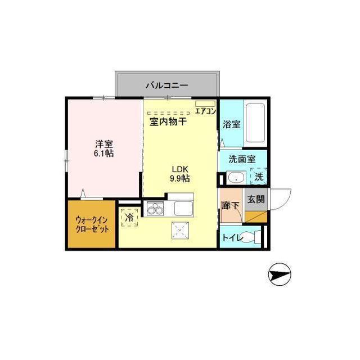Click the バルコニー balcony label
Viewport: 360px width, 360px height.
click(166, 85)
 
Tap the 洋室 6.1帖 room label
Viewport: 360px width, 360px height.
click(104, 148)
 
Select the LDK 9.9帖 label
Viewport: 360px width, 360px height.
click(180, 174)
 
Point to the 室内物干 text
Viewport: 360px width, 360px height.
click(168, 121)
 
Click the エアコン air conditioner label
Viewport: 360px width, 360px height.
click(206, 111)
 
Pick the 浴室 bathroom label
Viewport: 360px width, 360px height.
click(232, 124)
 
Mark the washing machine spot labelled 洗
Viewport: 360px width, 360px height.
click(258, 177)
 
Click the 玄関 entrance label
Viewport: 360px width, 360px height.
click(255, 199)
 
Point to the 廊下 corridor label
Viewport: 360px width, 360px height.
click(231, 206)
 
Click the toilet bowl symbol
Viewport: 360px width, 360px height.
click(255, 238)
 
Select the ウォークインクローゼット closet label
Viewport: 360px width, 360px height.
click(92, 224)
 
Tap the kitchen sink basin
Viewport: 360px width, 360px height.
click(184, 209)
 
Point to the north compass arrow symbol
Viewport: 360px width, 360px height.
click(280, 275)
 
